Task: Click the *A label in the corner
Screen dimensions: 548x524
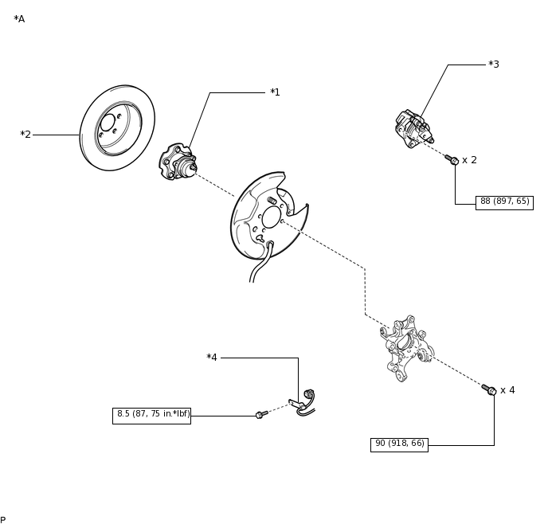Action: click(19, 19)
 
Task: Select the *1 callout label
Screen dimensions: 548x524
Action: click(275, 92)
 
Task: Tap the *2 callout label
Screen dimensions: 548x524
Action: click(25, 134)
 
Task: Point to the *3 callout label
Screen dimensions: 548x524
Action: click(494, 65)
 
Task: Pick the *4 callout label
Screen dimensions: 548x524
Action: click(212, 358)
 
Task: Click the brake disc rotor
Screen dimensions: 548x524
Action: click(117, 128)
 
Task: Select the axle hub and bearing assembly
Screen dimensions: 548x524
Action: click(178, 162)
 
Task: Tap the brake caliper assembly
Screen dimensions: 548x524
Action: click(414, 129)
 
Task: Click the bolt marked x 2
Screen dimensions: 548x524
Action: click(452, 159)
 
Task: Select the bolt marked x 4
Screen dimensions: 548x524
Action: click(489, 389)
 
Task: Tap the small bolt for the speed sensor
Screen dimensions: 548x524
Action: click(262, 415)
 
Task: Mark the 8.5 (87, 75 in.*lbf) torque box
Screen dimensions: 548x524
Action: click(151, 416)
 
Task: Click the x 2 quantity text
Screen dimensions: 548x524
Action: click(469, 160)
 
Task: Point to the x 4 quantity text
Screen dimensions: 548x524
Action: click(507, 390)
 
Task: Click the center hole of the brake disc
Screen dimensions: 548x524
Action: click(108, 123)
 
